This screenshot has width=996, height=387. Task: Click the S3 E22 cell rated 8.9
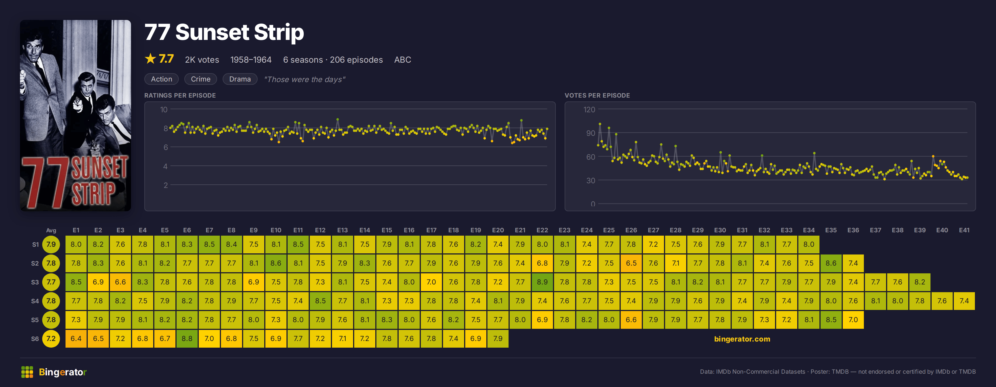tap(542, 282)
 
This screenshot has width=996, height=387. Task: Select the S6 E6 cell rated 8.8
tap(187, 338)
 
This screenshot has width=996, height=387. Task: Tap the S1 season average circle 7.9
tap(51, 244)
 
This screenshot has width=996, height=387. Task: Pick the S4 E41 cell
tap(964, 301)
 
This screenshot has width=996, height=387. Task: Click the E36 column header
tap(853, 230)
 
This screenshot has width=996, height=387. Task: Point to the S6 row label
tap(35, 339)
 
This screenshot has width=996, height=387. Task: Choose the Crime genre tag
tap(201, 79)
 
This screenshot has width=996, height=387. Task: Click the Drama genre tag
tap(240, 79)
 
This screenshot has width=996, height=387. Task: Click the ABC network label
tap(403, 60)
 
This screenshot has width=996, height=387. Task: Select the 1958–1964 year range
tap(251, 60)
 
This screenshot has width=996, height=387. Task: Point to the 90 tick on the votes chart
tap(590, 133)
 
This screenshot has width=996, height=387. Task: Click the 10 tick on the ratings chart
tap(164, 110)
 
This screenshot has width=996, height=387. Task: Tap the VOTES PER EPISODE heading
tap(597, 95)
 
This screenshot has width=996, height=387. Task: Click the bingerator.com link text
tap(742, 339)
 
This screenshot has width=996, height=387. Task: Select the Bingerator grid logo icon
tap(27, 372)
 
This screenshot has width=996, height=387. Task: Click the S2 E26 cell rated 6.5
tap(631, 263)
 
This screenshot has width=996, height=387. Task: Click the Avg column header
tap(51, 230)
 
